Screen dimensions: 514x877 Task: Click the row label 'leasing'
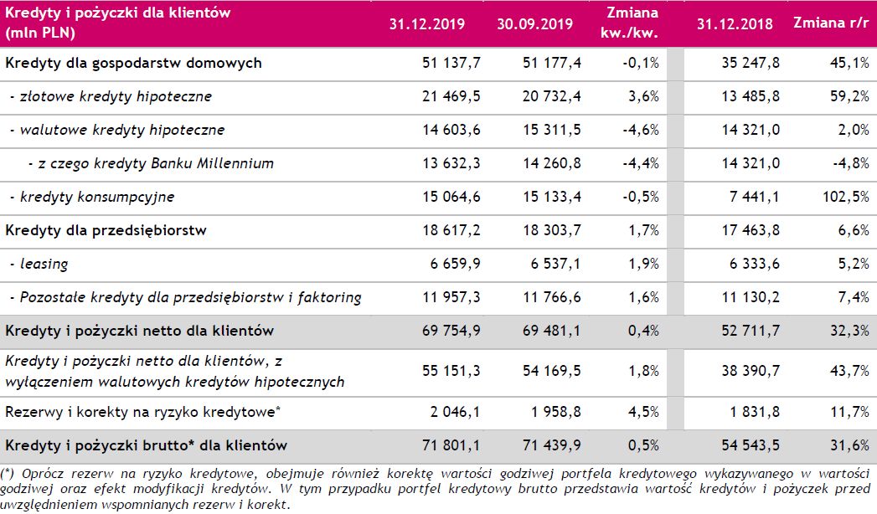click(x=44, y=265)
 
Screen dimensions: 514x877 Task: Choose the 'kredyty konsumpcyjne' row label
click(x=97, y=198)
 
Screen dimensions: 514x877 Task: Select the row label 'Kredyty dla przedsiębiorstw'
click(x=106, y=230)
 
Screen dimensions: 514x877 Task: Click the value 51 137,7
click(x=450, y=64)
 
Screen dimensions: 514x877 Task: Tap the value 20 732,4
click(x=550, y=97)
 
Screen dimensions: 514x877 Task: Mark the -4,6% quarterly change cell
click(x=641, y=131)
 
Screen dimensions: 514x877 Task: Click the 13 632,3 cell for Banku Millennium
click(x=450, y=164)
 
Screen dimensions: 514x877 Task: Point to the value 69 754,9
click(x=450, y=332)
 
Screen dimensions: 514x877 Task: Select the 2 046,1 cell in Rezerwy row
click(x=453, y=413)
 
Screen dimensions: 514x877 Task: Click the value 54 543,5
click(x=751, y=445)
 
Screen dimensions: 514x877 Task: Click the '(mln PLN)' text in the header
click(x=40, y=33)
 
